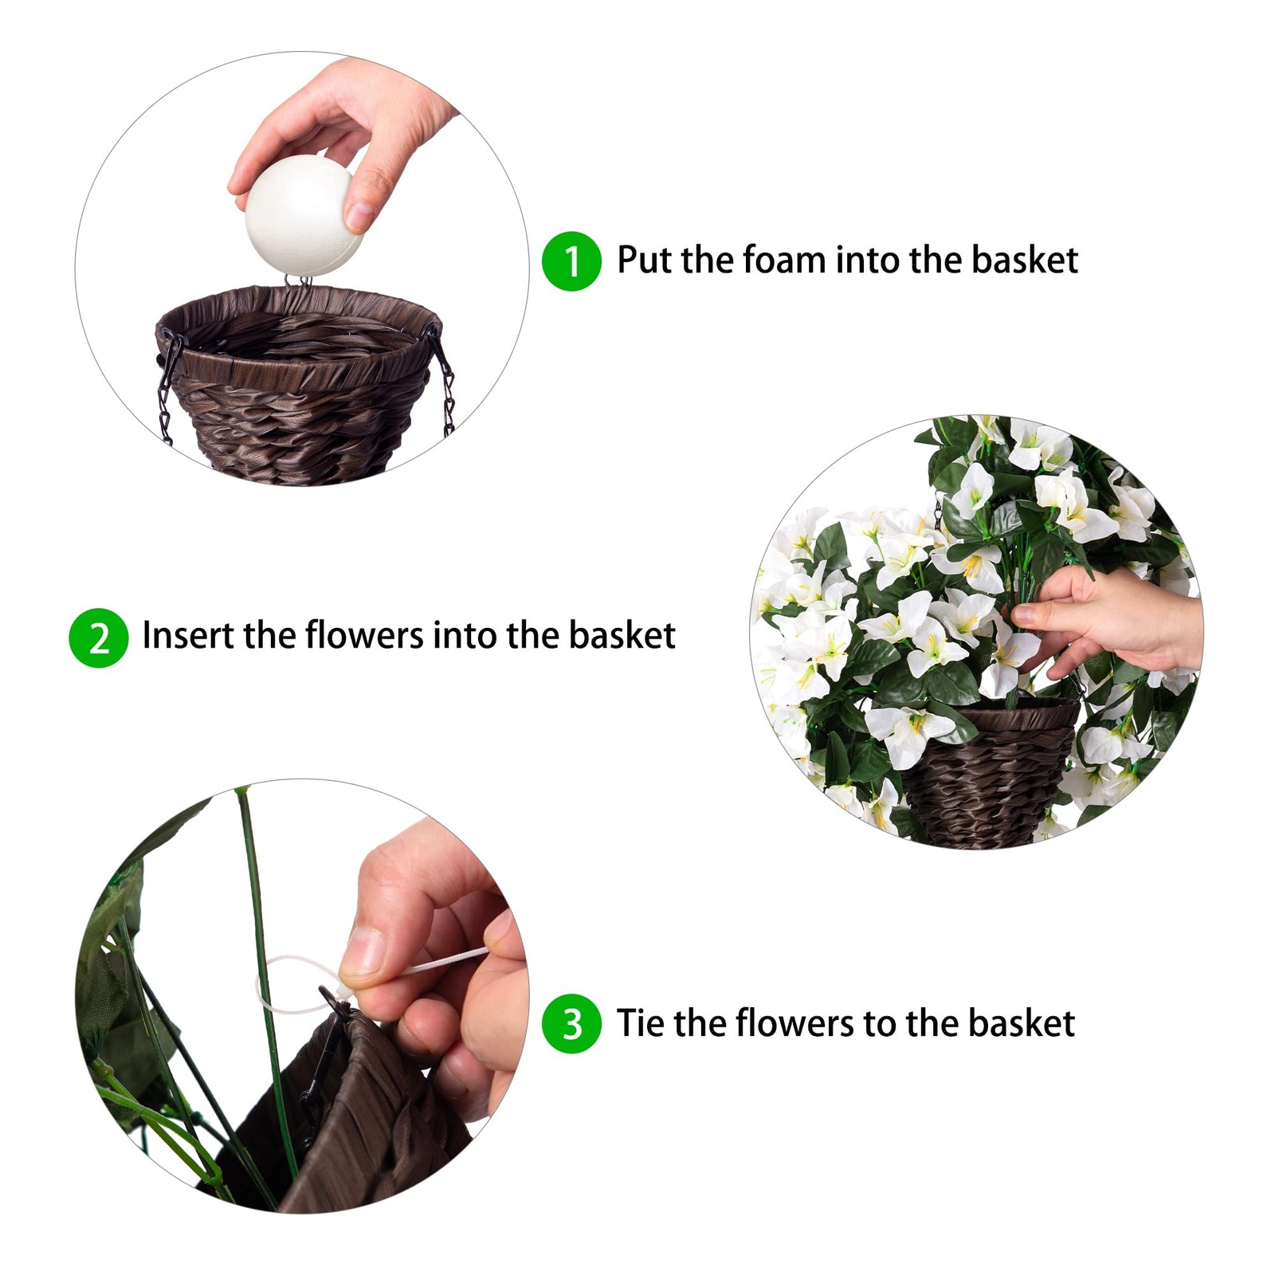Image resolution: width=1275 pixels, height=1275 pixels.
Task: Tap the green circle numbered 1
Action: point(571,261)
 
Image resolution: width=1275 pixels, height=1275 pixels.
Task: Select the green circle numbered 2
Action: point(99,637)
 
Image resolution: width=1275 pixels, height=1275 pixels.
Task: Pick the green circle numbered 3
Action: point(571,1024)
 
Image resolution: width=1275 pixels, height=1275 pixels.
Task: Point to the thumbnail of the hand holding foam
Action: point(302,269)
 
